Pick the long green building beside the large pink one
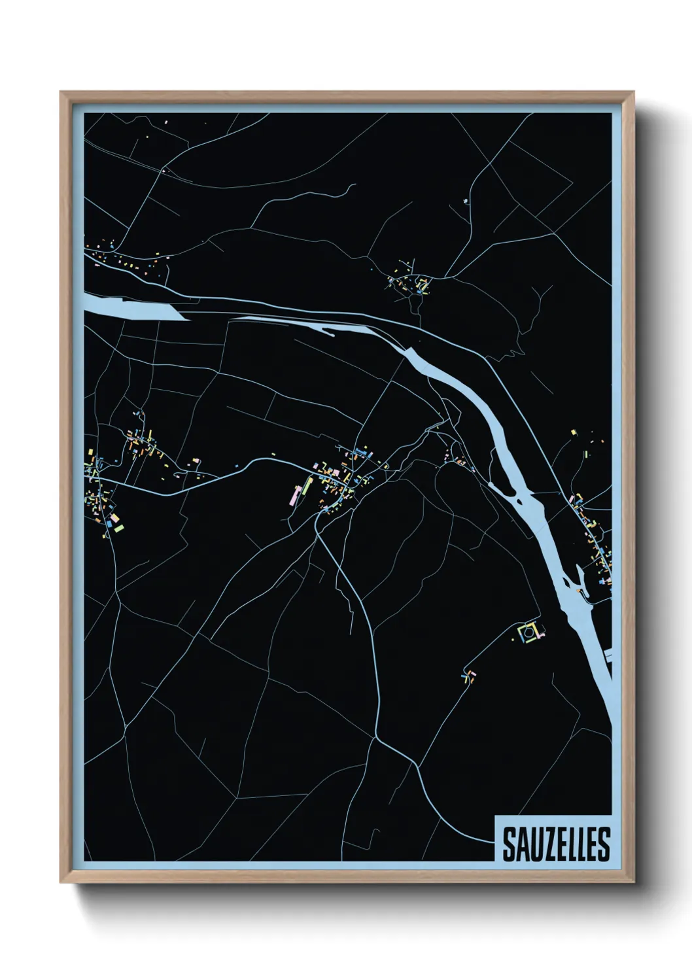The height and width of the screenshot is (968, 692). [304, 487]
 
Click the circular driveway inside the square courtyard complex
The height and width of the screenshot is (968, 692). [527, 632]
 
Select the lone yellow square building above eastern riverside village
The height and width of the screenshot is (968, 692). [574, 432]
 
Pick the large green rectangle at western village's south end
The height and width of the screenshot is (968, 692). [118, 521]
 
